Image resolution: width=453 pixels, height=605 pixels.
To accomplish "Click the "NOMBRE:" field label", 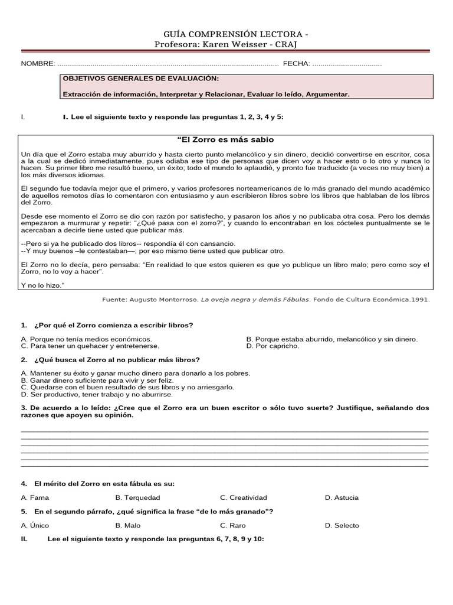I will (x=38, y=63).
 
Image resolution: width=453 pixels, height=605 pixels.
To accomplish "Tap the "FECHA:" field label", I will (x=296, y=63).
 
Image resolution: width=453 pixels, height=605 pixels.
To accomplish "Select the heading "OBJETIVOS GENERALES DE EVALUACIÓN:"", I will (x=140, y=79).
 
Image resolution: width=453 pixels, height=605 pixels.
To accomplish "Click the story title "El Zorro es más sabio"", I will (x=226, y=139).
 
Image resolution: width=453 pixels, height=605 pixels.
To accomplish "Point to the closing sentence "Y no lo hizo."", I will (x=42, y=285).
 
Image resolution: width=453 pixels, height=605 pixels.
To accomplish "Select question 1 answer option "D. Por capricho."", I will (x=273, y=346).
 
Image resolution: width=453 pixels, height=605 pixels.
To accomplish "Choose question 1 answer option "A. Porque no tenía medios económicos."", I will (x=86, y=339).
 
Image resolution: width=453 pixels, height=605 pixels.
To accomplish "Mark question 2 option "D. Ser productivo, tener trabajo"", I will (x=97, y=394).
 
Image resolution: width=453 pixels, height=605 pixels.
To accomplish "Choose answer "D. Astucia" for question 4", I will (x=342, y=497).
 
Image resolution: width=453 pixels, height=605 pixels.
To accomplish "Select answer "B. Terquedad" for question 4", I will (x=137, y=497).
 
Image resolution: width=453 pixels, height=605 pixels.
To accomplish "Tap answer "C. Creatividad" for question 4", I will (x=244, y=497).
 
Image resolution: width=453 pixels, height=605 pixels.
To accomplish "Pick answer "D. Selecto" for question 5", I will (x=342, y=525).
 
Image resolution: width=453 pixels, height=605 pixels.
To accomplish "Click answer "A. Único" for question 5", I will (x=35, y=525).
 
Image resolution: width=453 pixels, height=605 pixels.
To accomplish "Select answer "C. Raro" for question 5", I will (x=233, y=525).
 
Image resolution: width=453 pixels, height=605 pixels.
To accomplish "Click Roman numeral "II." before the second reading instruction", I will (x=24, y=539).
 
